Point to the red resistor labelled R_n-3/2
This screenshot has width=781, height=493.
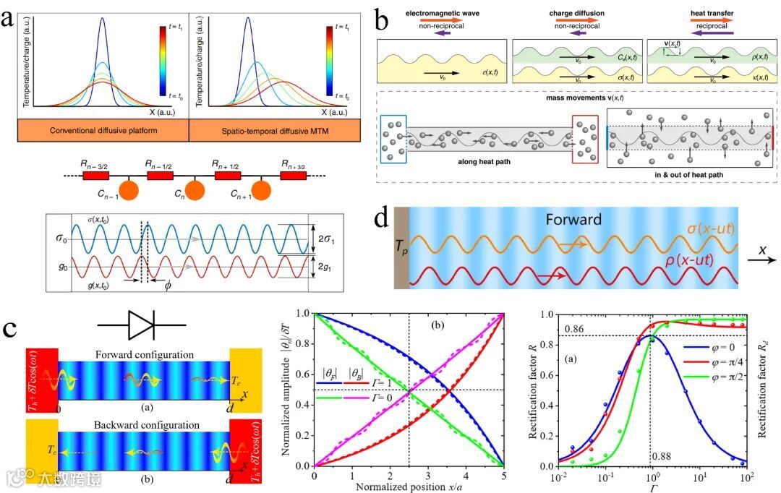[95, 176]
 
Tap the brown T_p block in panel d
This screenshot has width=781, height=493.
[402, 246]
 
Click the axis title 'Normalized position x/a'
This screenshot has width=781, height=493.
[411, 486]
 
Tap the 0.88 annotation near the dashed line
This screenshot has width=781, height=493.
[661, 457]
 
